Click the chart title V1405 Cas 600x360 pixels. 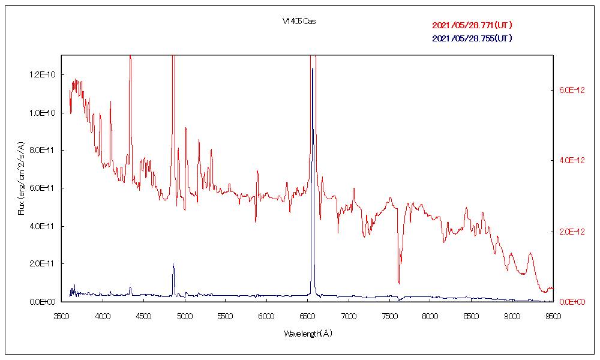(x=299, y=21)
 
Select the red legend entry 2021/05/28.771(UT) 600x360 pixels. (x=472, y=25)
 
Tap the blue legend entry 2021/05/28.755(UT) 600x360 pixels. (x=472, y=38)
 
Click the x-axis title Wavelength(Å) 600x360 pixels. (x=307, y=334)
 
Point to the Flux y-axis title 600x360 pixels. (x=22, y=178)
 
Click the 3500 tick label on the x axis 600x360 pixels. (x=61, y=314)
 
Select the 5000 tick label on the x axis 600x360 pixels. (x=184, y=314)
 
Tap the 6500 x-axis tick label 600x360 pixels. (x=307, y=314)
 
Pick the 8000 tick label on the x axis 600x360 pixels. (x=430, y=314)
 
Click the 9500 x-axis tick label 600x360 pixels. (x=552, y=314)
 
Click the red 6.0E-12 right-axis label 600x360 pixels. (x=571, y=90)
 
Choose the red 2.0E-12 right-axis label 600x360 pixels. (x=571, y=232)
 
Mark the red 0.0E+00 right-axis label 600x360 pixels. (x=571, y=302)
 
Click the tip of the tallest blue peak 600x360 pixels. (x=312, y=69)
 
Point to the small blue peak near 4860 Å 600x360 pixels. (x=173, y=264)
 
